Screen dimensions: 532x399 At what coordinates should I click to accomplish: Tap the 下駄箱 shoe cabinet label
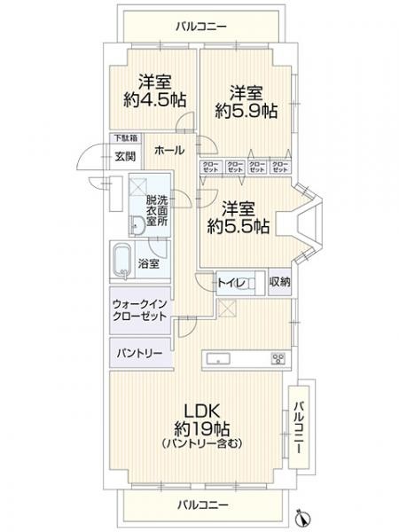(124, 138)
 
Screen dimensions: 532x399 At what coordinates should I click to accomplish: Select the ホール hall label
(168, 151)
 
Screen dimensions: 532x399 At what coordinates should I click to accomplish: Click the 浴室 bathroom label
(150, 263)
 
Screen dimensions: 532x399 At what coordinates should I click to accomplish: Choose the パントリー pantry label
(137, 352)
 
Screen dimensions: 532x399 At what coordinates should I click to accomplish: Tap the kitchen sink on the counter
(218, 358)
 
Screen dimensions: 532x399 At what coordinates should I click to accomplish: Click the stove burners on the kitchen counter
(278, 358)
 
